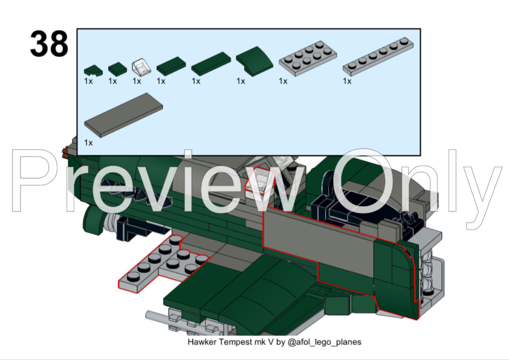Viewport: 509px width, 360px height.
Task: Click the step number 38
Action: tap(49, 43)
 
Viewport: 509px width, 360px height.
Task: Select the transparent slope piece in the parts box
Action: tap(141, 67)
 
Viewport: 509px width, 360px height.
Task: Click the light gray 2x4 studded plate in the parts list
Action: tap(308, 58)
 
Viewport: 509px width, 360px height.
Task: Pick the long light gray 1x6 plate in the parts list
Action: tap(378, 56)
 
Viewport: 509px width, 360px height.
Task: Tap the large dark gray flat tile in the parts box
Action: tap(123, 115)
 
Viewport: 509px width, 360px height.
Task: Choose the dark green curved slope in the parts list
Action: tap(254, 61)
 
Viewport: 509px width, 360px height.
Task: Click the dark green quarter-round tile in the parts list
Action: tap(93, 71)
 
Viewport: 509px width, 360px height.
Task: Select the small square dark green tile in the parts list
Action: tap(117, 69)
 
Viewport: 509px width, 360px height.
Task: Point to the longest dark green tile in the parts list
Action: tap(211, 64)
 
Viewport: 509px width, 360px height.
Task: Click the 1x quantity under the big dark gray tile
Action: tap(88, 143)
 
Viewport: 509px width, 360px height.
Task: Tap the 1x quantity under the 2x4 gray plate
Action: tap(283, 81)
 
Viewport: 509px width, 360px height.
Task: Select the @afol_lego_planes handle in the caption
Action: tap(324, 342)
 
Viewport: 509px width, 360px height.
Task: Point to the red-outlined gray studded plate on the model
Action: tap(162, 265)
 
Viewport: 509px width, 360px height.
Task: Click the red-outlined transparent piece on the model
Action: tap(260, 180)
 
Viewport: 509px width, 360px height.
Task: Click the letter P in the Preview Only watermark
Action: tap(37, 181)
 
